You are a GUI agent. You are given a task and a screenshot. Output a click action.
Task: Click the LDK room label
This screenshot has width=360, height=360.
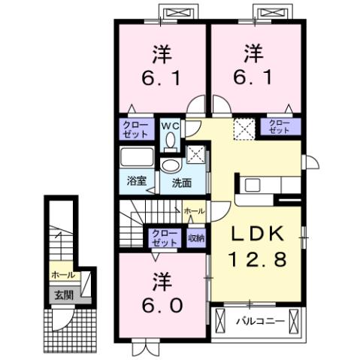tap(258, 232)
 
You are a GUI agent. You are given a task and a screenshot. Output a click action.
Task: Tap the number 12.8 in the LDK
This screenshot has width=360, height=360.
tap(258, 259)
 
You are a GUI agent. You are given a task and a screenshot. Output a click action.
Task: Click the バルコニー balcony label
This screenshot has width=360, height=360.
tap(259, 321)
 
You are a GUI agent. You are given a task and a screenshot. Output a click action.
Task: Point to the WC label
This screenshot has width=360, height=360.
tap(171, 126)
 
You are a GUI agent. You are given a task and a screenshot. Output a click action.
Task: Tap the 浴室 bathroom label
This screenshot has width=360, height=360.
tap(136, 182)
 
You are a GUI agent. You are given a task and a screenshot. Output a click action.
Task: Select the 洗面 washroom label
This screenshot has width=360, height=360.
tap(180, 182)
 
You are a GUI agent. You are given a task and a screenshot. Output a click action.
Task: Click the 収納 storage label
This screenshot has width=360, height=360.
tap(196, 238)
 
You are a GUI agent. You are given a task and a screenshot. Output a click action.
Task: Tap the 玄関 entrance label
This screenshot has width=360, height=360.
tap(62, 295)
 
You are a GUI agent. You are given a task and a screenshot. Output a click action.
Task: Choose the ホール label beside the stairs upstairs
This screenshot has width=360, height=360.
tap(194, 211)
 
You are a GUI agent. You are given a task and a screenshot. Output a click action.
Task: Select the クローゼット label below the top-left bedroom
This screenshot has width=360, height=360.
tap(136, 129)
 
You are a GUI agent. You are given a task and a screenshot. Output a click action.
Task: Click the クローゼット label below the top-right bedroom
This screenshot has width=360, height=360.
tap(279, 126)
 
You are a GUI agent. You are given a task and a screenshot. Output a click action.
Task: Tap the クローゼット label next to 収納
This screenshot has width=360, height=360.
tap(165, 238)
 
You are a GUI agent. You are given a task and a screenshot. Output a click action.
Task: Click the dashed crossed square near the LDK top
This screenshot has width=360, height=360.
tap(244, 129)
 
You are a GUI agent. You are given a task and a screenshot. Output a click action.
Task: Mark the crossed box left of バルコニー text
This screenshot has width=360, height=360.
tap(220, 321)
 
